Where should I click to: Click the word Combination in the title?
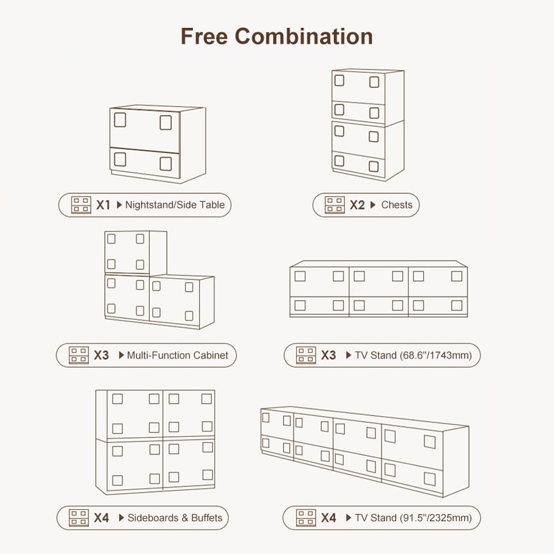coord(304,37)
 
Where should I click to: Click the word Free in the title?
coord(204,37)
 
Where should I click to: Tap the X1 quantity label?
coord(103,205)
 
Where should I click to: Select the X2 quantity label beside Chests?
coord(357,205)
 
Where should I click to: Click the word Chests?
coord(397,205)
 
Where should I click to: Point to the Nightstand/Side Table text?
coord(175,205)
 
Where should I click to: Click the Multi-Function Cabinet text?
coord(177,355)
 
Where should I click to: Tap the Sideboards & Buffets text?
coord(175,517)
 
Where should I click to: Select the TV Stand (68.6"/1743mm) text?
coord(414,355)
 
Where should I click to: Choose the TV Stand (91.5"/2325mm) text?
coord(414,517)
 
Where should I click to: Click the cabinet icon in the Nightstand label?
coord(81,205)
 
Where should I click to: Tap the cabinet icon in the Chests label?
coord(335,205)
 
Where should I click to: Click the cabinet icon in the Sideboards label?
coord(79,517)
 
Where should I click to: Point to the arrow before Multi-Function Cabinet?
coord(121,355)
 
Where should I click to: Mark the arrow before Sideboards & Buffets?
coord(121,517)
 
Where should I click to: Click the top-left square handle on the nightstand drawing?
coord(120,120)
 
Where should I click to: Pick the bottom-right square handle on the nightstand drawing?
coord(166,164)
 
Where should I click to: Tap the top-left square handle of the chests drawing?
coord(339,80)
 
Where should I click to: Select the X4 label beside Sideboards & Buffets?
coord(101,517)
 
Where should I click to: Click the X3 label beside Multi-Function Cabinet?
coord(101,355)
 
